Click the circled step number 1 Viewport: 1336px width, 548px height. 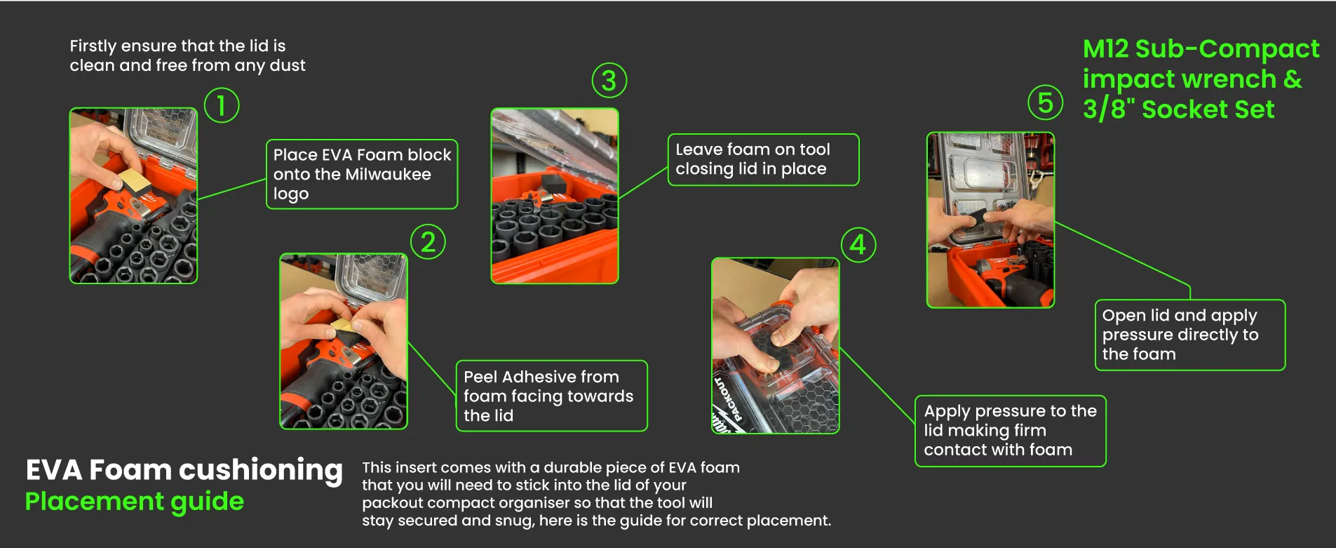tap(222, 105)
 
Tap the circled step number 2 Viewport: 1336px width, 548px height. tap(428, 242)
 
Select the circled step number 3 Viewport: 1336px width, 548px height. tap(609, 81)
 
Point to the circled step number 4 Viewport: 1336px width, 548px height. tap(858, 245)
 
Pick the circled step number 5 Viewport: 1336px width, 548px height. tap(1045, 102)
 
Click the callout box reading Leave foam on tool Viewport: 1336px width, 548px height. tap(763, 160)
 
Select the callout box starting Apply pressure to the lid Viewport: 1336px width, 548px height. tap(1011, 431)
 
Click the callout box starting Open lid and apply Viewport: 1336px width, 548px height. tap(1190, 335)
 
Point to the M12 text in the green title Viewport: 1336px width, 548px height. tap(1106, 49)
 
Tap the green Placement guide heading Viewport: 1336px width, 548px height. tap(135, 502)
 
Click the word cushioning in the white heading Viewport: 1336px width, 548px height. tap(262, 471)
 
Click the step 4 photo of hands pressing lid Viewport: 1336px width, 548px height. tap(776, 346)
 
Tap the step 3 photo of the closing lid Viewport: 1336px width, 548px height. tap(555, 196)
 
